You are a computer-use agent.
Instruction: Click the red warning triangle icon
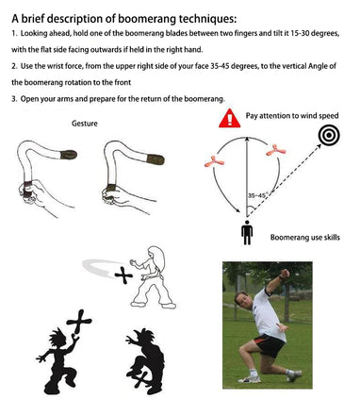point(230,119)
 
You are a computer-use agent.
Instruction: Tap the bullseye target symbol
point(329,135)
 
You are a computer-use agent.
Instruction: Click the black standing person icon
point(247,232)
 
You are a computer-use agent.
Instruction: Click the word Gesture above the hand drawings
point(85,124)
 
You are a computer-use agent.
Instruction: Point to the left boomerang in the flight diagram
point(214,161)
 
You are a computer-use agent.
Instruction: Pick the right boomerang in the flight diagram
point(276,150)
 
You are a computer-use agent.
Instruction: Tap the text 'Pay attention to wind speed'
point(292,116)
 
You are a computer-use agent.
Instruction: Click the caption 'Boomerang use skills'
point(305,237)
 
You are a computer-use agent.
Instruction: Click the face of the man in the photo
point(243,301)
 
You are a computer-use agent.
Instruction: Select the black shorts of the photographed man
point(270,344)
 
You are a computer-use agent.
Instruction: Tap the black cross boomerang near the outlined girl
point(123,275)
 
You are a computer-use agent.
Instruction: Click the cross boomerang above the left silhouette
point(79,322)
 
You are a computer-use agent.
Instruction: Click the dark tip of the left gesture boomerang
point(69,155)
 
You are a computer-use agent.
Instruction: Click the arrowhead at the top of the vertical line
point(247,139)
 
